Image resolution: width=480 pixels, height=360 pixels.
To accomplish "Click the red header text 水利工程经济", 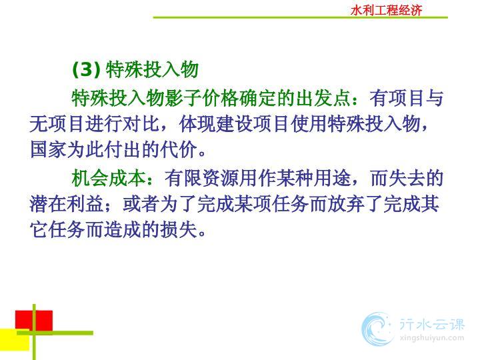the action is [x=386, y=11].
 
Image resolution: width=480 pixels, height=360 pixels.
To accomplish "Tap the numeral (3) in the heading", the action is [x=87, y=69].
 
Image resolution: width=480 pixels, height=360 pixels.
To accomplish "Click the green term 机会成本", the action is [x=109, y=178].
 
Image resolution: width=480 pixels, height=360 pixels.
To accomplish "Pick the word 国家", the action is [x=48, y=150].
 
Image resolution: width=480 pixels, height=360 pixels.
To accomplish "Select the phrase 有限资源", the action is [x=202, y=178].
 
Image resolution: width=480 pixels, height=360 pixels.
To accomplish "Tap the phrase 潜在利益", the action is [x=67, y=204].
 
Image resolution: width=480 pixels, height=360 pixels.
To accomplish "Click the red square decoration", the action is [x=34, y=321].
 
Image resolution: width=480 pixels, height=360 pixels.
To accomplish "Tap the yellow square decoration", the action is [x=15, y=339].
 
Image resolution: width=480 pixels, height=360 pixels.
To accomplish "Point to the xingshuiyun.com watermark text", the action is [x=431, y=338].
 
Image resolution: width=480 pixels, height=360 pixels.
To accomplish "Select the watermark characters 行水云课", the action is [x=431, y=324].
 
